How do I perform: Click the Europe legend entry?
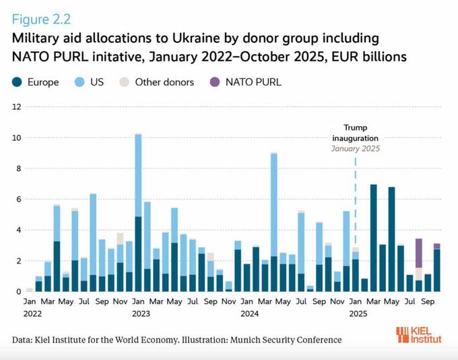(x=36, y=82)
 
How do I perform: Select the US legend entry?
(x=90, y=82)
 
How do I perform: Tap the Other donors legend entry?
(x=158, y=82)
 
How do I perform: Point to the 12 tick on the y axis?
(x=18, y=107)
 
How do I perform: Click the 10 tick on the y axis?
(x=18, y=138)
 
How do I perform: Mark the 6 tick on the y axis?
(x=20, y=200)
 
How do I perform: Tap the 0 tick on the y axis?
(x=20, y=291)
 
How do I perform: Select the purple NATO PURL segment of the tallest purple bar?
(x=419, y=253)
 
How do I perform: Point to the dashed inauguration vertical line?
(x=356, y=202)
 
